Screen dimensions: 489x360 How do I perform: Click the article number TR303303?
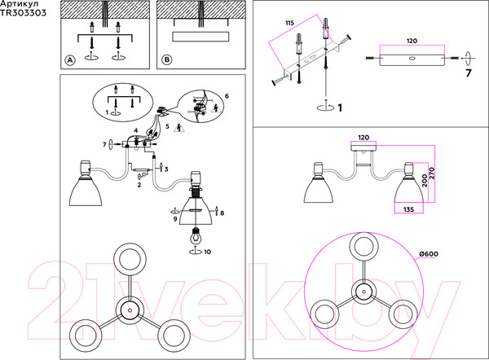[23, 13]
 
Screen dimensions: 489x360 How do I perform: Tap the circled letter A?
[70, 59]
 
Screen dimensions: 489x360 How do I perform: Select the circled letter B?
[167, 59]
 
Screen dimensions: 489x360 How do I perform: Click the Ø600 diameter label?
[429, 254]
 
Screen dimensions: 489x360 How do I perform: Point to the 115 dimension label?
[289, 23]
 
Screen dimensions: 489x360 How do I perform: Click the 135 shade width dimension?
[408, 209]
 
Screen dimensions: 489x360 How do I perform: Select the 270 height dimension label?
[432, 173]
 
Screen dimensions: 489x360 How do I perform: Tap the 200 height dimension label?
[424, 181]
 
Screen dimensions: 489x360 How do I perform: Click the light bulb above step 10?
[196, 236]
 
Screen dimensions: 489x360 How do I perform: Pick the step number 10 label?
[207, 252]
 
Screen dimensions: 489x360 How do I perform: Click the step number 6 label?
[227, 96]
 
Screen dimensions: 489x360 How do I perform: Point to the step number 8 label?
[222, 213]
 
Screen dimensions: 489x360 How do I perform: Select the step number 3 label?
[166, 169]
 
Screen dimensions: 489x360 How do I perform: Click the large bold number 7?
[468, 73]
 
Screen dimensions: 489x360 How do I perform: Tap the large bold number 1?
[340, 108]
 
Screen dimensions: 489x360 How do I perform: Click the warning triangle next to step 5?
[179, 128]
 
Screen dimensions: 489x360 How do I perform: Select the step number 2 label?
[139, 185]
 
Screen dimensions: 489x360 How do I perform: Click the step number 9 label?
[175, 219]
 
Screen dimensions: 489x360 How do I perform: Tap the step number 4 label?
[135, 130]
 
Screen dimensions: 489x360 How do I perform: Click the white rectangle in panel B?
[200, 37]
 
